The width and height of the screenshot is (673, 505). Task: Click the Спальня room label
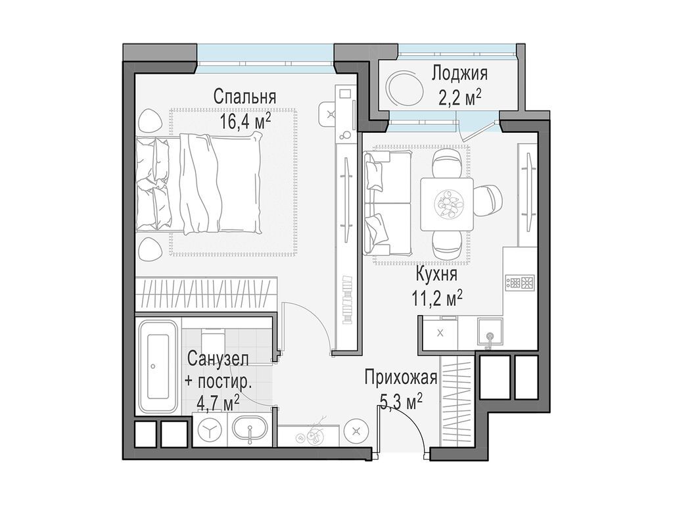(244, 97)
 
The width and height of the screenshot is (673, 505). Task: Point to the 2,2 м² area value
(460, 98)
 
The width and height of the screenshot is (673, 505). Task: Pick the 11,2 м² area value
(436, 299)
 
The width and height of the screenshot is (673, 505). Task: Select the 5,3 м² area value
(400, 401)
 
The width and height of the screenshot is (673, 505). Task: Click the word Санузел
(218, 359)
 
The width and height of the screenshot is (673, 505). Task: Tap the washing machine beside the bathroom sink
(210, 430)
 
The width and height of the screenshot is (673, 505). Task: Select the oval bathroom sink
(250, 431)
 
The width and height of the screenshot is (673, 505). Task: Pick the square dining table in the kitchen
(447, 204)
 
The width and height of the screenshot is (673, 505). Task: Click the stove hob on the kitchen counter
(521, 283)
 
